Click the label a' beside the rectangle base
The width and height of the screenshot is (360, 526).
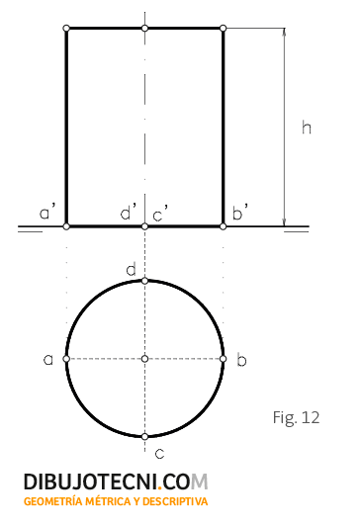point(46,212)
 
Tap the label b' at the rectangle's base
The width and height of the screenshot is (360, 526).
point(240,212)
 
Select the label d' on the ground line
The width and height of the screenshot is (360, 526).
point(129,212)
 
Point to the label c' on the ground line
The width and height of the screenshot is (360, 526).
point(160,214)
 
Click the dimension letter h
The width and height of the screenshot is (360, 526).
point(307,128)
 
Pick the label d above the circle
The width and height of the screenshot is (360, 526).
point(132,269)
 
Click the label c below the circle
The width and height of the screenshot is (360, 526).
point(159,454)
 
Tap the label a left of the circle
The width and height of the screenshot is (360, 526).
point(48,359)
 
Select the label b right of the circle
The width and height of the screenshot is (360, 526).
point(241,359)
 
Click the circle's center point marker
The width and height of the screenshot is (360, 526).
point(144,359)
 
